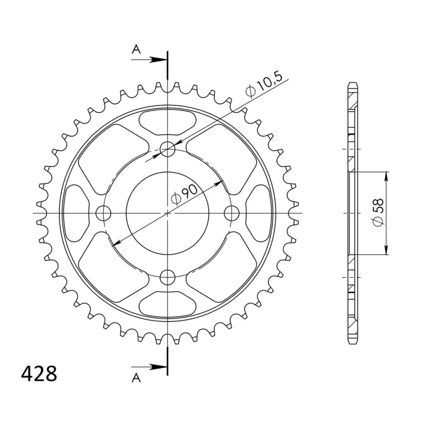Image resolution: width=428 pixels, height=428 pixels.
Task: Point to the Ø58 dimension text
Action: (x=378, y=212)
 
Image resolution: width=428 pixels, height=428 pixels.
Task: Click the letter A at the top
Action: (x=136, y=49)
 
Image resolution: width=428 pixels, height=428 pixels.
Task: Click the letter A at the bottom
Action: (x=136, y=378)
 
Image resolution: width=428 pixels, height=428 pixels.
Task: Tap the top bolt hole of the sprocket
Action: (x=167, y=149)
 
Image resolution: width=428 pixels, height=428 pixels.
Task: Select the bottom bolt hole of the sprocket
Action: (x=167, y=277)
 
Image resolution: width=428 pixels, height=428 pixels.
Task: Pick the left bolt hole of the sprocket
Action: (x=103, y=213)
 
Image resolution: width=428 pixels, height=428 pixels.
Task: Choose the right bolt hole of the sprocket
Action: (x=232, y=213)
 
